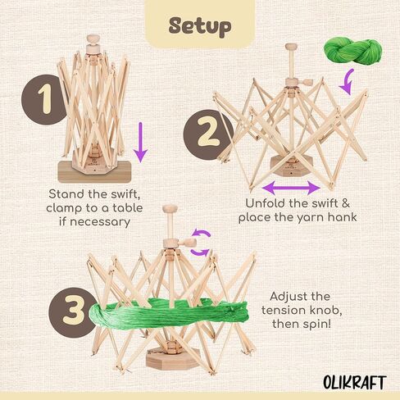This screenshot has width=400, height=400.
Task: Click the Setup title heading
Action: tap(200, 25)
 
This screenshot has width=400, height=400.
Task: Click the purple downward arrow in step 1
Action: tap(140, 141)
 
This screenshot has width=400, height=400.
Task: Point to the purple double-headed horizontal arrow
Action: tap(290, 189)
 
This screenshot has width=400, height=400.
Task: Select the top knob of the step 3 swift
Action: tap(168, 213)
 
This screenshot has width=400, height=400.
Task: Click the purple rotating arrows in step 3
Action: tap(198, 243)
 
